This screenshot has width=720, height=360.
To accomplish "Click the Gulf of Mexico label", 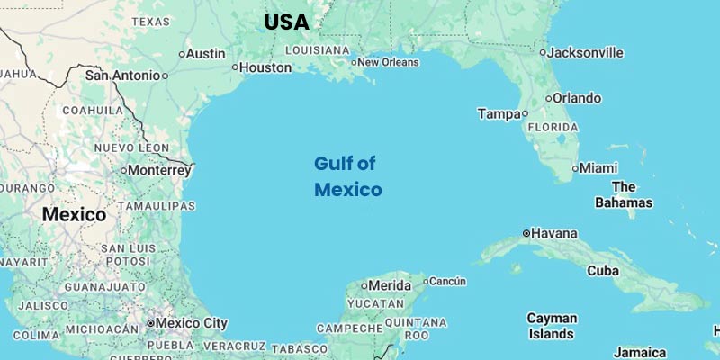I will coord(347,176).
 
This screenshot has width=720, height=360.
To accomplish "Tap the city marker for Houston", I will coord(235,67).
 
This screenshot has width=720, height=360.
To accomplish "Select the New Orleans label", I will coord(388,62).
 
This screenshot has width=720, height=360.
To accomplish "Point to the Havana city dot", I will coord(526,233).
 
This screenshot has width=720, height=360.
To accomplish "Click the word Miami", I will coord(599,168).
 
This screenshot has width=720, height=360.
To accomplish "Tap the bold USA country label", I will coord(286,22).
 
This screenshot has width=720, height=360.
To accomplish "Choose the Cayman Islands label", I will coord(552,326).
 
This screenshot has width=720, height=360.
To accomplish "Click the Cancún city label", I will coord(447,281).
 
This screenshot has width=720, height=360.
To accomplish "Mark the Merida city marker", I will coord(364,286).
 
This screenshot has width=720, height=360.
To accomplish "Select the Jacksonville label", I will coord(586,53).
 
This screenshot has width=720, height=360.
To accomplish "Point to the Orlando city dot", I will coord(548,98).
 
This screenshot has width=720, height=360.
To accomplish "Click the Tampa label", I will coord(499,114).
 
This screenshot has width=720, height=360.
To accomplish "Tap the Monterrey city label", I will coord(159,169).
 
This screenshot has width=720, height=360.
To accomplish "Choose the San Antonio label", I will coord(123,76).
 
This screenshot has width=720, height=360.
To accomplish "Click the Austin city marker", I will coord(181,54).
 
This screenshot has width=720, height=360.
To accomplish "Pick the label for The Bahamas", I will coord(624,194).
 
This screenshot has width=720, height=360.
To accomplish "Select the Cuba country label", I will coord(602,270).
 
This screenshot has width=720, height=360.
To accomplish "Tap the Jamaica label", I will coord(640,352).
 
